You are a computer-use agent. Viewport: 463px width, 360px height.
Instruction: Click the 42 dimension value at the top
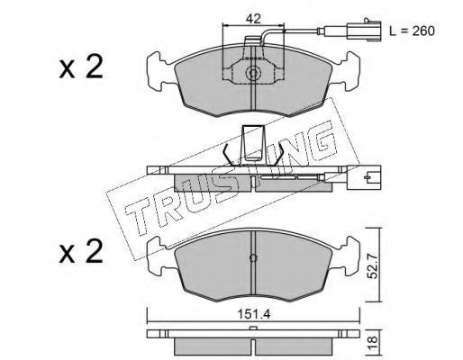pyautogui.click(x=253, y=19)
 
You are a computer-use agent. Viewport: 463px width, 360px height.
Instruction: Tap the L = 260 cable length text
pyautogui.click(x=412, y=31)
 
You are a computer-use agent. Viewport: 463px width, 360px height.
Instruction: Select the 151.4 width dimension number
pyautogui.click(x=254, y=314)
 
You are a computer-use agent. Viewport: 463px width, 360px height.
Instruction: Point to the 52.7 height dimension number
pyautogui.click(x=373, y=265)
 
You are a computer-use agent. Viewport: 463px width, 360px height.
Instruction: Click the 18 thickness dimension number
pyautogui.click(x=372, y=340)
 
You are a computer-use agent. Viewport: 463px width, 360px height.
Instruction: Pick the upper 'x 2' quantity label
pyautogui.click(x=81, y=67)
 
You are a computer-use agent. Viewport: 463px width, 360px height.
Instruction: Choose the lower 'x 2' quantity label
pyautogui.click(x=81, y=251)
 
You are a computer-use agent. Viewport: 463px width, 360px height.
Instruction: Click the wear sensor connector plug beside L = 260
pyautogui.click(x=364, y=30)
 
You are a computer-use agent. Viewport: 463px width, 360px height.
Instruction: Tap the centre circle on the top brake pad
pyautogui.click(x=253, y=73)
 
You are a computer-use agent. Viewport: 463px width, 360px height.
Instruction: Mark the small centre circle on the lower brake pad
pyautogui.click(x=253, y=258)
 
